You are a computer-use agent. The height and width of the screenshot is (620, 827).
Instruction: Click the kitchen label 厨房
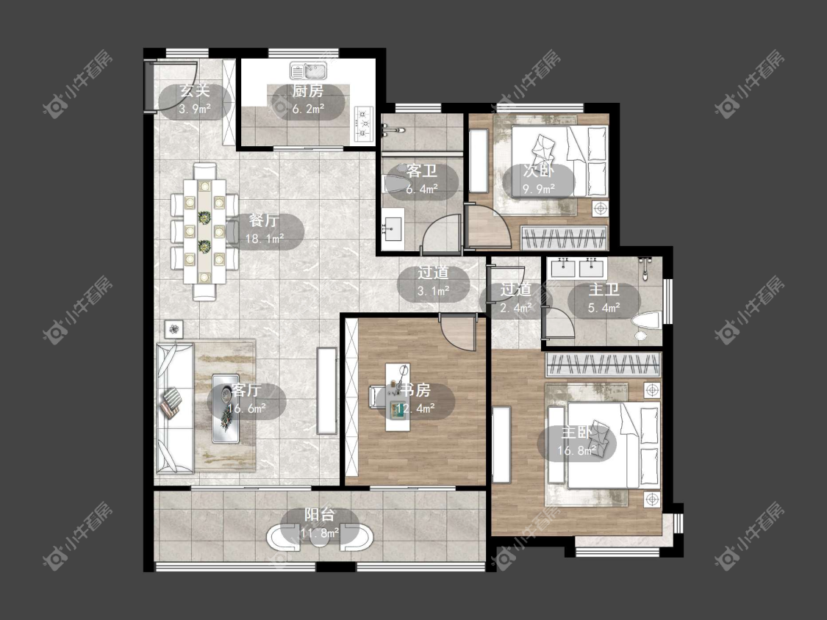click(308, 91)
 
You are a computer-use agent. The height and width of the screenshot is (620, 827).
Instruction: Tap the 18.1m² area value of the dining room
click(265, 239)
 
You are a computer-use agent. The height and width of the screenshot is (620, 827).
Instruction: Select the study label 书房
click(415, 390)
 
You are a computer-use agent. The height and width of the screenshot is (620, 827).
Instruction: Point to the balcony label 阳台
click(320, 515)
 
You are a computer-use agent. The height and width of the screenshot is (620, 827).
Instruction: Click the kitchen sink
click(309, 70)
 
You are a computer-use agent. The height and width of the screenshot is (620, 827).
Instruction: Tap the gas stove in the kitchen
click(364, 124)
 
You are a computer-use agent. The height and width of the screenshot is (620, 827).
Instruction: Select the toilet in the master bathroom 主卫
click(647, 322)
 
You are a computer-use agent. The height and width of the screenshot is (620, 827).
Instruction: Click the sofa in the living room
click(174, 408)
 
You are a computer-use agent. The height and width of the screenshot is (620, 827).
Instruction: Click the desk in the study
click(398, 397)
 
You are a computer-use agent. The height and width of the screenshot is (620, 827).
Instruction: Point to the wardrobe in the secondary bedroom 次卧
click(564, 237)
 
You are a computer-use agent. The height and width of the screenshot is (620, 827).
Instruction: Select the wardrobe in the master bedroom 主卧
click(603, 364)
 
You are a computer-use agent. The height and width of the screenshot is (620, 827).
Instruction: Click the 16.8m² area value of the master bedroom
click(577, 451)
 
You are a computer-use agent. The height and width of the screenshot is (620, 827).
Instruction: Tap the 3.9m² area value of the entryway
click(195, 109)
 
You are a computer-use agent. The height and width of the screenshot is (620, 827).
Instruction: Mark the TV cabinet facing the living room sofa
click(327, 391)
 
